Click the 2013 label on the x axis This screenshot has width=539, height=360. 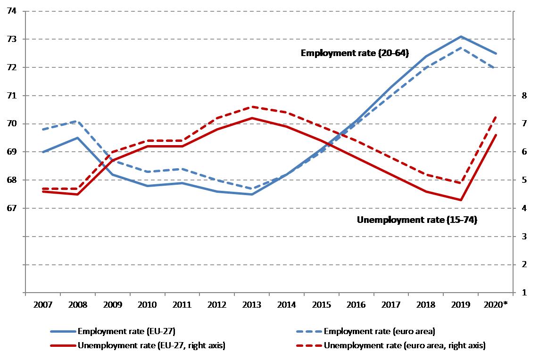[x=251, y=305]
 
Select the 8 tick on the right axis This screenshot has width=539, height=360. [x=522, y=96]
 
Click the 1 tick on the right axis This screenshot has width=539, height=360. [x=522, y=293]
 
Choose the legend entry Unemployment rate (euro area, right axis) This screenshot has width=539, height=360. [x=405, y=345]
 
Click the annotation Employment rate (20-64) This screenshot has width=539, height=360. [x=355, y=54]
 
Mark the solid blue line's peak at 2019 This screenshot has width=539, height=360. [x=461, y=36]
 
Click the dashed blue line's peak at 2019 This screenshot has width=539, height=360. [x=461, y=48]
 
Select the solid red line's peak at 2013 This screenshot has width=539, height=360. [x=252, y=118]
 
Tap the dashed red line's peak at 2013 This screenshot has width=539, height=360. [x=252, y=106]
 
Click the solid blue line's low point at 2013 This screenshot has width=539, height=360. [x=252, y=194]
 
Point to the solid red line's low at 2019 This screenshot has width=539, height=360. [x=461, y=200]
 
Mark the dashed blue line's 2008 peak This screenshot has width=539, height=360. [x=77, y=121]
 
